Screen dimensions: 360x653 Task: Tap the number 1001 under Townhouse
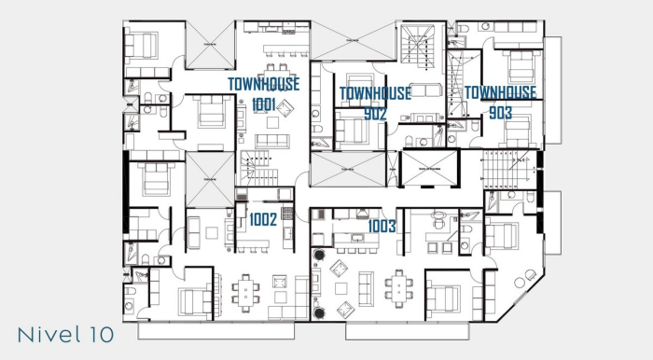point(263,105)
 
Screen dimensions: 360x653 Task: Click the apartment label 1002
point(263,221)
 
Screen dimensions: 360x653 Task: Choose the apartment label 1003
point(382,226)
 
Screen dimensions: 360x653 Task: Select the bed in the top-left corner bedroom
point(146,44)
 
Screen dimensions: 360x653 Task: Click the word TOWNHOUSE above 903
point(500,92)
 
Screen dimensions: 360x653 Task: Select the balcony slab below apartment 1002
point(215,329)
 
